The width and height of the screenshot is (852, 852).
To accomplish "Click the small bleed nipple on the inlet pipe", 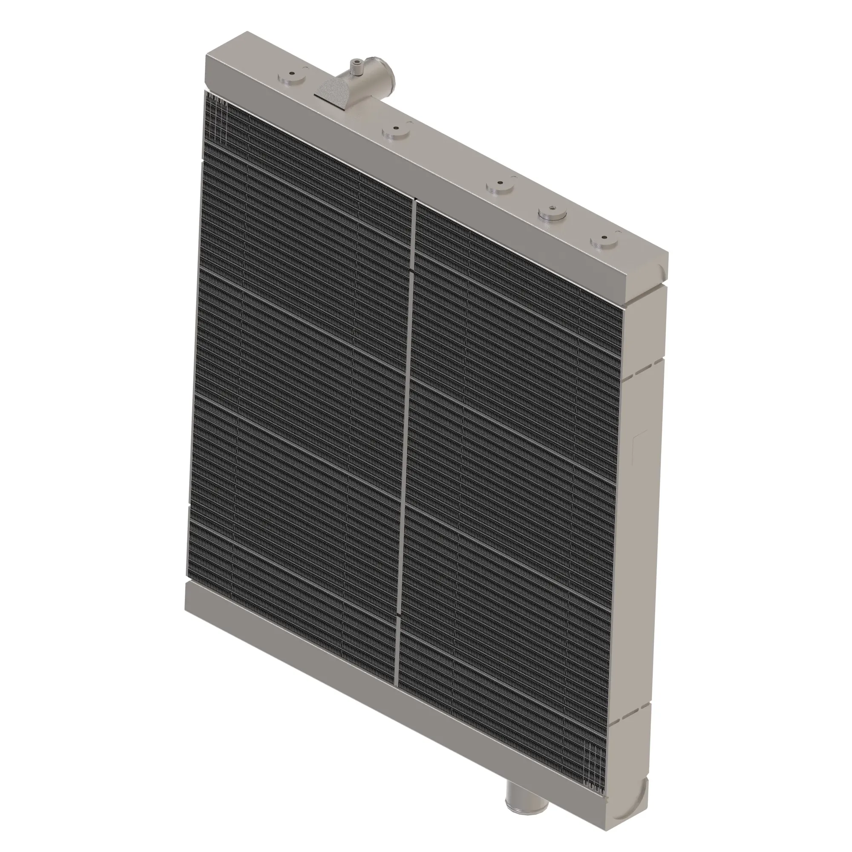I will pyautogui.click(x=355, y=66).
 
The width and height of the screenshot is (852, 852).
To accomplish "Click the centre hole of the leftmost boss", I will pyautogui.click(x=292, y=74).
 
